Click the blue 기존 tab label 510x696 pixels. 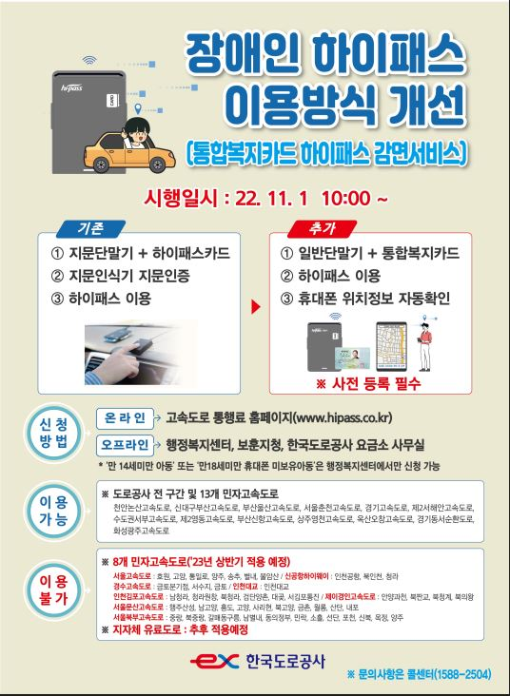[87, 228]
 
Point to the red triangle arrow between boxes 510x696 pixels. [254, 308]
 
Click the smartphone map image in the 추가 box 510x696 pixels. [392, 347]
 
